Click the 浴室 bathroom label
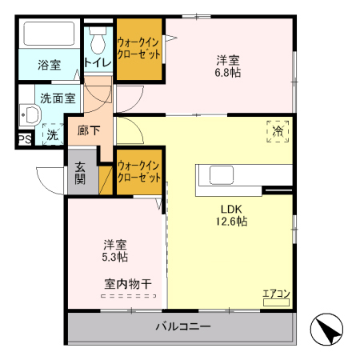50,65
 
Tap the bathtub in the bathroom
48,36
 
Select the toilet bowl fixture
98,38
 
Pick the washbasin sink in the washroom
29,117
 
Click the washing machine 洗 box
50,136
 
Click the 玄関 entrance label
82,174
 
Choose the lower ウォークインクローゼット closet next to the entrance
139,171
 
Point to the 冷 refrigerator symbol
278,130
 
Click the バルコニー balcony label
182,327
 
